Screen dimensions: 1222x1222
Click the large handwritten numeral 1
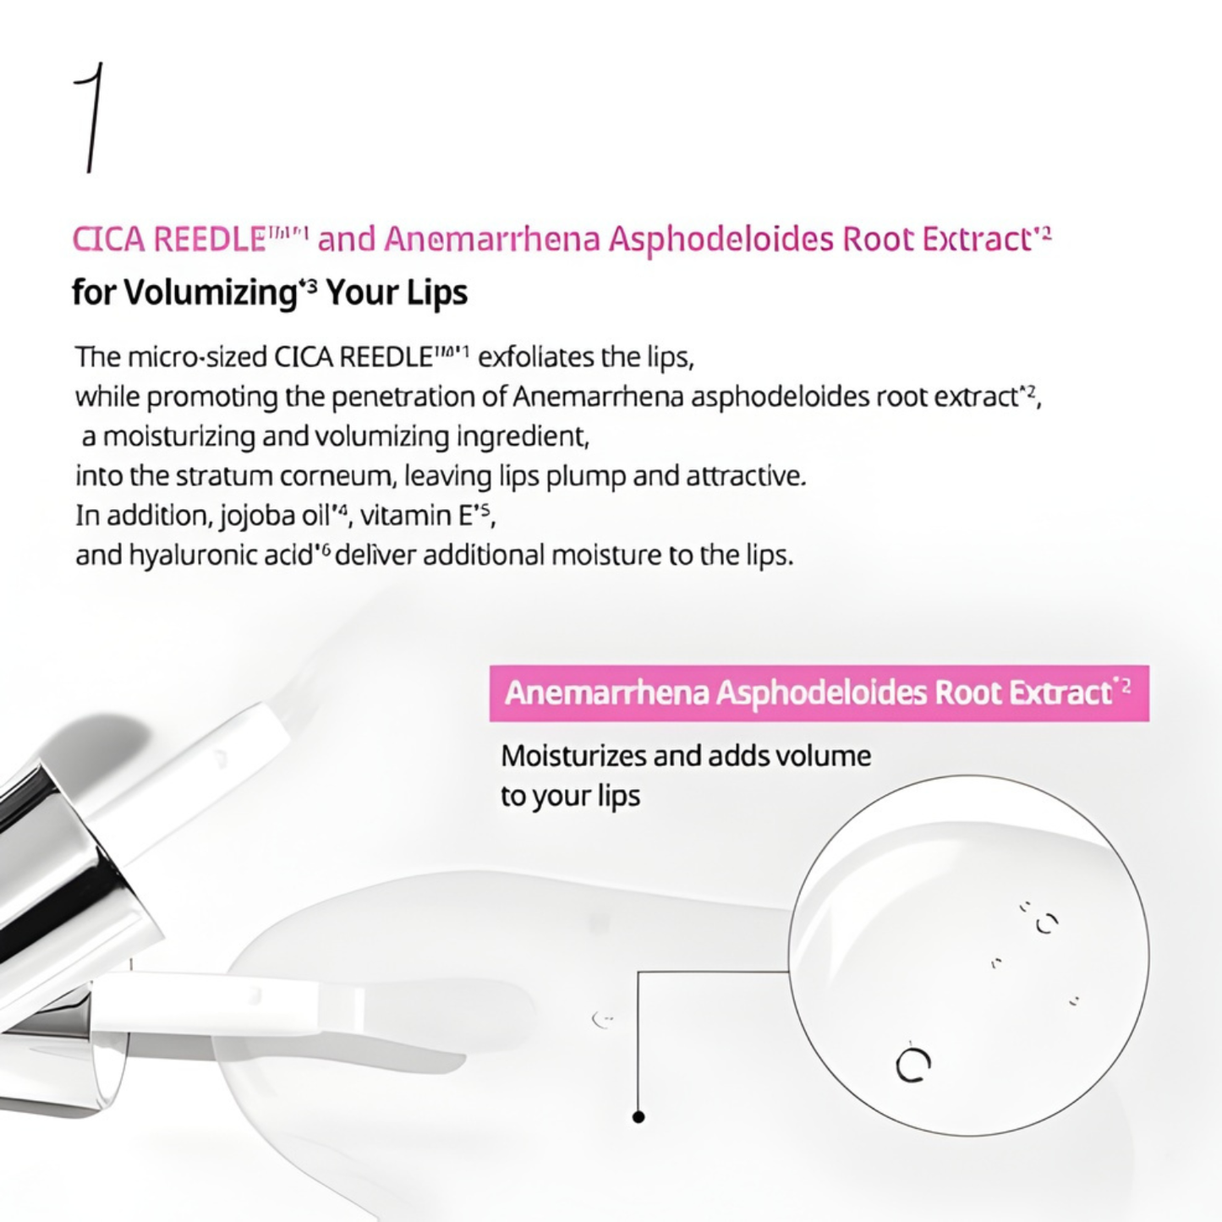tap(92, 118)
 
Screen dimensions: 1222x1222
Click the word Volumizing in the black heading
tap(210, 293)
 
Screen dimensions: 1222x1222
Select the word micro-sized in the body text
tap(196, 358)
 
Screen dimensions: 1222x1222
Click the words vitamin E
tap(416, 516)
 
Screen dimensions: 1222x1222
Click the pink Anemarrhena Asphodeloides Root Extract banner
tap(819, 693)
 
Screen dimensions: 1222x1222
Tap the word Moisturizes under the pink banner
tap(573, 757)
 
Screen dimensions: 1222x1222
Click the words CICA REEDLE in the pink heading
tap(168, 239)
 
